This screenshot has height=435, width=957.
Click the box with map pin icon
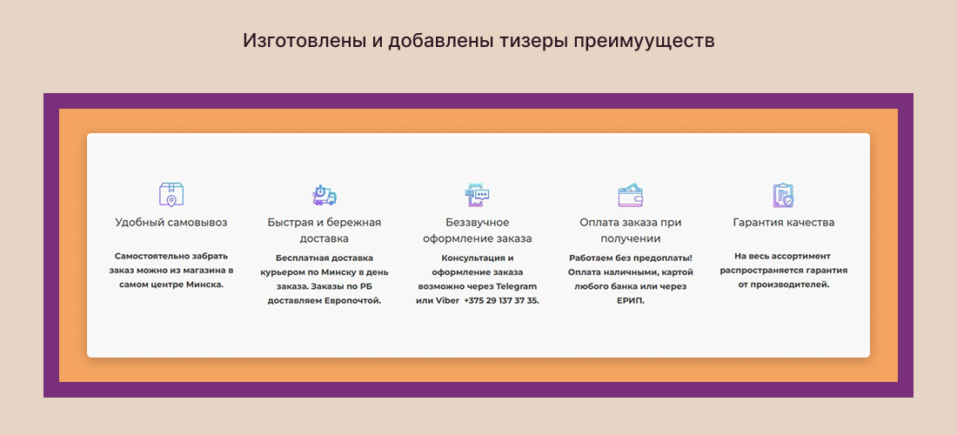(171, 194)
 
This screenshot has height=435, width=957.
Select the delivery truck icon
(324, 195)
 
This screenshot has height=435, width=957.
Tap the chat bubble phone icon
(478, 195)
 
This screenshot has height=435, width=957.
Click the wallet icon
(631, 195)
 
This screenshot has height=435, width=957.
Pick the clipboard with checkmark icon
(784, 195)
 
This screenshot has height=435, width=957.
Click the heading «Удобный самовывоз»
(171, 222)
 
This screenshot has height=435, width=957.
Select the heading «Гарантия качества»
(784, 222)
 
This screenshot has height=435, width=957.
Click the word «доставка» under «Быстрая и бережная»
(325, 238)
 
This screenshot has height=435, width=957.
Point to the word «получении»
(631, 238)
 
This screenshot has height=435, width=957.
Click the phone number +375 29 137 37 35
(502, 300)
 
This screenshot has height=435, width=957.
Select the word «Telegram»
(514, 285)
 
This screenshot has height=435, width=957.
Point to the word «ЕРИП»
(631, 300)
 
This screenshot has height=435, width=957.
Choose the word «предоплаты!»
(662, 258)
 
